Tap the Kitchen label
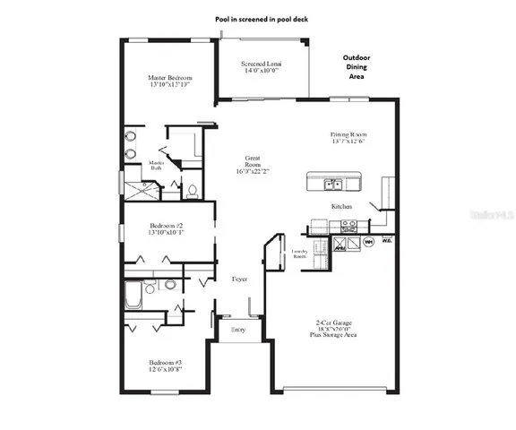tap(342, 207)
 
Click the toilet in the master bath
tap(192, 190)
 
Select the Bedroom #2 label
tap(168, 227)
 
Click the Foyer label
tap(239, 279)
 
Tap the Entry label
tap(238, 331)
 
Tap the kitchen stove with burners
tap(319, 224)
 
